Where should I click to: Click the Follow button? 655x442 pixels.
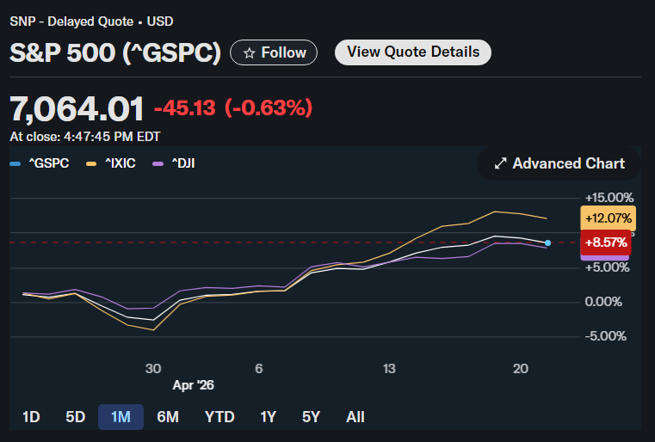(x=274, y=52)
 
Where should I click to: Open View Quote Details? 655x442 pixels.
(x=412, y=52)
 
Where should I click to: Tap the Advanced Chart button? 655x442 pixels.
(x=559, y=163)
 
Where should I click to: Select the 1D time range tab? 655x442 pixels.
(x=31, y=417)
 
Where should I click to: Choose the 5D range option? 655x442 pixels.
(x=76, y=417)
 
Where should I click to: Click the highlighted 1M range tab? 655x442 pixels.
(x=120, y=417)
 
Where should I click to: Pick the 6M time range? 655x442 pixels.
(x=168, y=417)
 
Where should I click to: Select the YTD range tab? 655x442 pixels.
(x=219, y=417)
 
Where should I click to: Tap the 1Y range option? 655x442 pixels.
(x=268, y=417)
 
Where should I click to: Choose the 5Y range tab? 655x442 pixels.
(x=311, y=417)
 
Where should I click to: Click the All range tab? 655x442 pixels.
(x=355, y=417)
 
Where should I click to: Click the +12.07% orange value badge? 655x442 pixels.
(x=609, y=218)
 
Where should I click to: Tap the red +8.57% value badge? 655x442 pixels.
(x=607, y=242)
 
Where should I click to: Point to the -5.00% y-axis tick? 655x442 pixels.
(x=609, y=336)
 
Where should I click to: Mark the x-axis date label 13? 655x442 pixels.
(x=390, y=368)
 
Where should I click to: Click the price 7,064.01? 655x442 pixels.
(x=77, y=108)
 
